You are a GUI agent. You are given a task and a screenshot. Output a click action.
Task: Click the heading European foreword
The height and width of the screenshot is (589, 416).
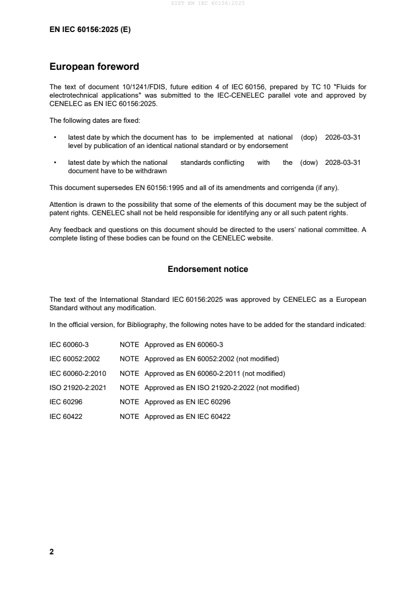[94, 67]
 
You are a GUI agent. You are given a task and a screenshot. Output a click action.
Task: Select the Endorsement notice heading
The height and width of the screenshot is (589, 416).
[208, 269]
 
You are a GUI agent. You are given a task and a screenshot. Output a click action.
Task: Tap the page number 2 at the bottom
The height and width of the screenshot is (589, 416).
[51, 552]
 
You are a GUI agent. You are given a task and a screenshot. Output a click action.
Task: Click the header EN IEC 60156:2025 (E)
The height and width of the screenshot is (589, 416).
[90, 30]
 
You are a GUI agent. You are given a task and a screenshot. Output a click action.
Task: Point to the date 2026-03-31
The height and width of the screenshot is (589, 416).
[343, 137]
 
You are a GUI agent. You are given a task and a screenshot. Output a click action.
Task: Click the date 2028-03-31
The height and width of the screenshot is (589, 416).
[343, 163]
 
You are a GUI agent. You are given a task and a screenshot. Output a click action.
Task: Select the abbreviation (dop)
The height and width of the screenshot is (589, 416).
[310, 137]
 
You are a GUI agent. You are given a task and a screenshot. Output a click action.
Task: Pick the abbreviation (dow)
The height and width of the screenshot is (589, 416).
[309, 163]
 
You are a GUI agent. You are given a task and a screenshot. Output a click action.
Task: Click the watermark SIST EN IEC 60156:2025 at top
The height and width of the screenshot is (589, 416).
[208, 3]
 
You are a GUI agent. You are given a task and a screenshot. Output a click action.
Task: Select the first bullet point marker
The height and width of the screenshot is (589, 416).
[55, 138]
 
